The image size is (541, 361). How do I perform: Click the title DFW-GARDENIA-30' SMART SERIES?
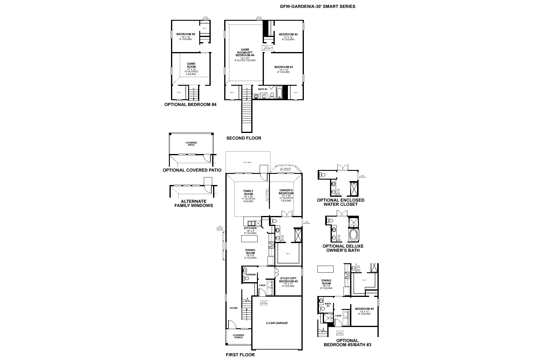[317, 6]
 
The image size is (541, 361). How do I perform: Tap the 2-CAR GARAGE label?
[277, 323]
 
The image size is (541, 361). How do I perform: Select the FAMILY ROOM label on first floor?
[248, 193]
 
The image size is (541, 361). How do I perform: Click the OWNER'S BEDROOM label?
[286, 192]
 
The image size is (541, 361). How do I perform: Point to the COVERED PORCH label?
[238, 336]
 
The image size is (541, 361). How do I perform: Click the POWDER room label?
[251, 275]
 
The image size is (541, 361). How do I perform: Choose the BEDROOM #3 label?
[283, 67]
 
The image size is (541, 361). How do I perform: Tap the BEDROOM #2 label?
[288, 35]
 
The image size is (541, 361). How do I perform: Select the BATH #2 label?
[263, 89]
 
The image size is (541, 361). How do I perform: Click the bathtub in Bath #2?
[280, 93]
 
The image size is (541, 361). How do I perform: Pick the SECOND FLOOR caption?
[244, 138]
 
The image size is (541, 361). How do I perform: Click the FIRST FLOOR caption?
[240, 355]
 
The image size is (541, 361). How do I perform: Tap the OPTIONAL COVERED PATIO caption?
[192, 170]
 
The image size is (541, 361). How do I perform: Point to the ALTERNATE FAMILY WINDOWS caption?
[194, 203]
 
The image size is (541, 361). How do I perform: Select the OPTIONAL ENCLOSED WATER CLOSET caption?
[341, 202]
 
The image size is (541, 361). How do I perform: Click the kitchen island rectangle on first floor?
[249, 239]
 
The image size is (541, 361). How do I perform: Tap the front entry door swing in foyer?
[232, 325]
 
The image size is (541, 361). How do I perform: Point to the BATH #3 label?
[328, 305]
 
